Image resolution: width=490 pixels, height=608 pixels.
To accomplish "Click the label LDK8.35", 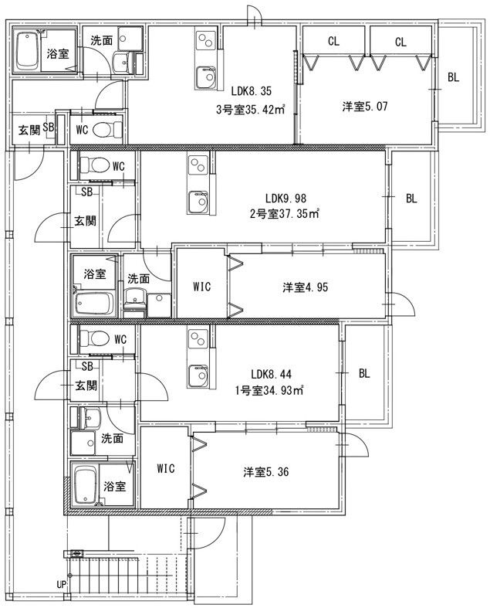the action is (x=251, y=91).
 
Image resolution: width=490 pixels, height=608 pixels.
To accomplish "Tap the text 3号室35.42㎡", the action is (x=250, y=110).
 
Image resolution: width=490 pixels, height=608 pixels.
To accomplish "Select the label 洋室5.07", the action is (x=364, y=107).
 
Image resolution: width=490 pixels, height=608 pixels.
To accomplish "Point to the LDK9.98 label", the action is (x=286, y=199).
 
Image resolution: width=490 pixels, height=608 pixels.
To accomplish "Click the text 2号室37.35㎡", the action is (x=284, y=214).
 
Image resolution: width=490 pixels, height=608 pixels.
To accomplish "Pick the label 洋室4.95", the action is (x=306, y=287).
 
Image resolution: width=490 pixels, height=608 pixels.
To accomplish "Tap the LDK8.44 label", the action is (x=271, y=374).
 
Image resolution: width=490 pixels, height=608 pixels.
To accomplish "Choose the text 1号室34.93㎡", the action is (x=269, y=390).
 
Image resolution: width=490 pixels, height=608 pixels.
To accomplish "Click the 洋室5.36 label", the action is (x=266, y=472).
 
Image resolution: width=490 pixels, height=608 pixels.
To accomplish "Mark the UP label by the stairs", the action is (x=61, y=584).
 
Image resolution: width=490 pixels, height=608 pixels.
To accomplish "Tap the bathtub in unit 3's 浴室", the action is (x=27, y=49).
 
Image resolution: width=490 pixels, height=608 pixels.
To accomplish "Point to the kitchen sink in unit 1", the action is (x=198, y=375).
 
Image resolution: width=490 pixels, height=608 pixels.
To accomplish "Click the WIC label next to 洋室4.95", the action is (x=202, y=287).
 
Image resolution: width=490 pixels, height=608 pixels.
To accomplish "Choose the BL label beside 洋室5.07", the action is (x=453, y=77).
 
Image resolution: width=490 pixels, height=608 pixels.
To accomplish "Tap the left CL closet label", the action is (x=333, y=41).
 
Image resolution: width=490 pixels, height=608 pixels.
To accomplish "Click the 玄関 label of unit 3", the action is (x=29, y=131).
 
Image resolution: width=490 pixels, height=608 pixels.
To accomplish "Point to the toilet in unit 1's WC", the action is (x=94, y=338).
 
